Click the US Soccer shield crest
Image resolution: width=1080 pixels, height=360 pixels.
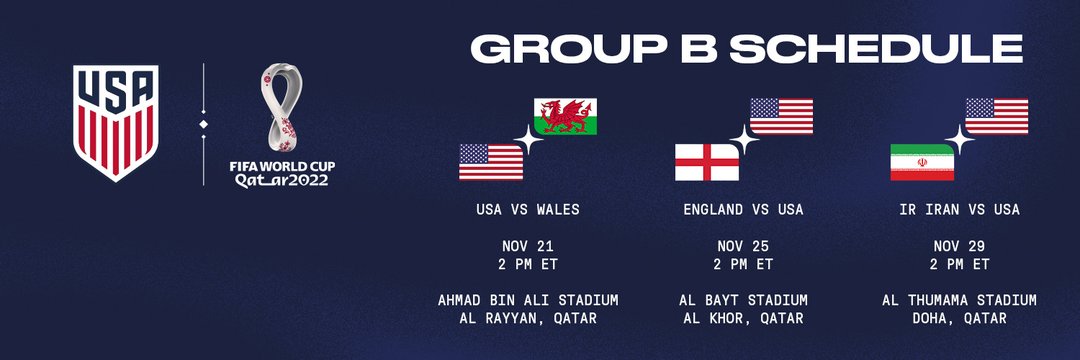116,123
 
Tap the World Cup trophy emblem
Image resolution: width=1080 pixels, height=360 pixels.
281,107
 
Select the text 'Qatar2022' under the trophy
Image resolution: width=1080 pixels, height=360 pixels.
282,180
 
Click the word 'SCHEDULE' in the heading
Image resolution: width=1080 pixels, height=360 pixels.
876,49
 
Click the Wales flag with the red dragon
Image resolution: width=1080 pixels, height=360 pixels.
565,116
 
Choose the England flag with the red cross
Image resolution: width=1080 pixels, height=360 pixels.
707,162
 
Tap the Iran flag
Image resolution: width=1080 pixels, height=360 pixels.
922,162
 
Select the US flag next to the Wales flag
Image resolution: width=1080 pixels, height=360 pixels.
491,162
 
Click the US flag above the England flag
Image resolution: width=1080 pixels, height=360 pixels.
781,116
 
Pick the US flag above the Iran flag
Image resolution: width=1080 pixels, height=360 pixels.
997,116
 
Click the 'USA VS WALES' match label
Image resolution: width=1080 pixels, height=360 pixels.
528,209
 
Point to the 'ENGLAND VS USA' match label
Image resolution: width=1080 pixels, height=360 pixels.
743,209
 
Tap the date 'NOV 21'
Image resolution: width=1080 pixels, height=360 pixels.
528,246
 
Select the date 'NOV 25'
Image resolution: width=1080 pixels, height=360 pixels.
743,246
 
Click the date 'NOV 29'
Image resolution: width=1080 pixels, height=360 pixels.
959,246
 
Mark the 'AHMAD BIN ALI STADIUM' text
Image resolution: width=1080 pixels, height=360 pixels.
528,301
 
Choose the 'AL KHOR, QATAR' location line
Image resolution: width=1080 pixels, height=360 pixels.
743,319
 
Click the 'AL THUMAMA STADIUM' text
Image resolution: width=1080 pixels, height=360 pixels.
959,301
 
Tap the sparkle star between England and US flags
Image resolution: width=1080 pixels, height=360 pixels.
745,140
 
